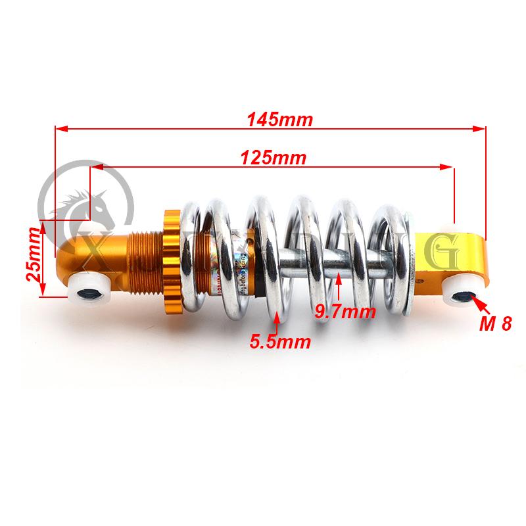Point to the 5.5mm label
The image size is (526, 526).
click(279, 341)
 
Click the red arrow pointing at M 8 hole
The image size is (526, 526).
click(480, 306)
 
